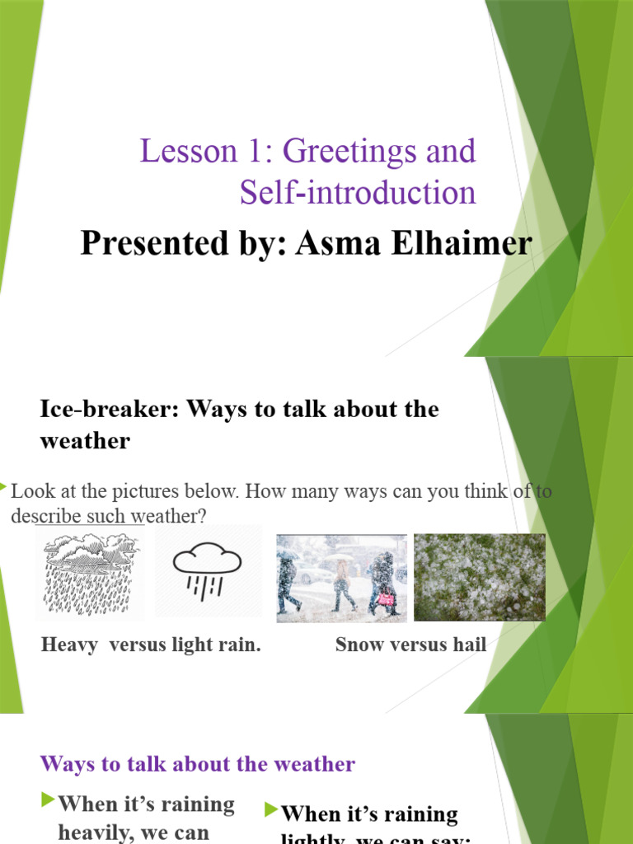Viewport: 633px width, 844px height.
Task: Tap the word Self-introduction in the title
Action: pyautogui.click(x=358, y=193)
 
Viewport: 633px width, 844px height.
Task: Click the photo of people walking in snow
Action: pyautogui.click(x=341, y=575)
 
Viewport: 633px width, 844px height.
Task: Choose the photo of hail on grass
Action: pyautogui.click(x=479, y=577)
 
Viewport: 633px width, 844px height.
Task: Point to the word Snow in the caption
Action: pyautogui.click(x=357, y=645)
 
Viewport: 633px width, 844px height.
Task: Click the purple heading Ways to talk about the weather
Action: pyautogui.click(x=198, y=764)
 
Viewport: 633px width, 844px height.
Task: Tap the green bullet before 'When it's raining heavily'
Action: pyautogui.click(x=49, y=799)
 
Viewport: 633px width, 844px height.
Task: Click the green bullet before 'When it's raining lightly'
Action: pyautogui.click(x=271, y=810)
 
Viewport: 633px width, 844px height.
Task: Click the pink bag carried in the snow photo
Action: pyautogui.click(x=385, y=599)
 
